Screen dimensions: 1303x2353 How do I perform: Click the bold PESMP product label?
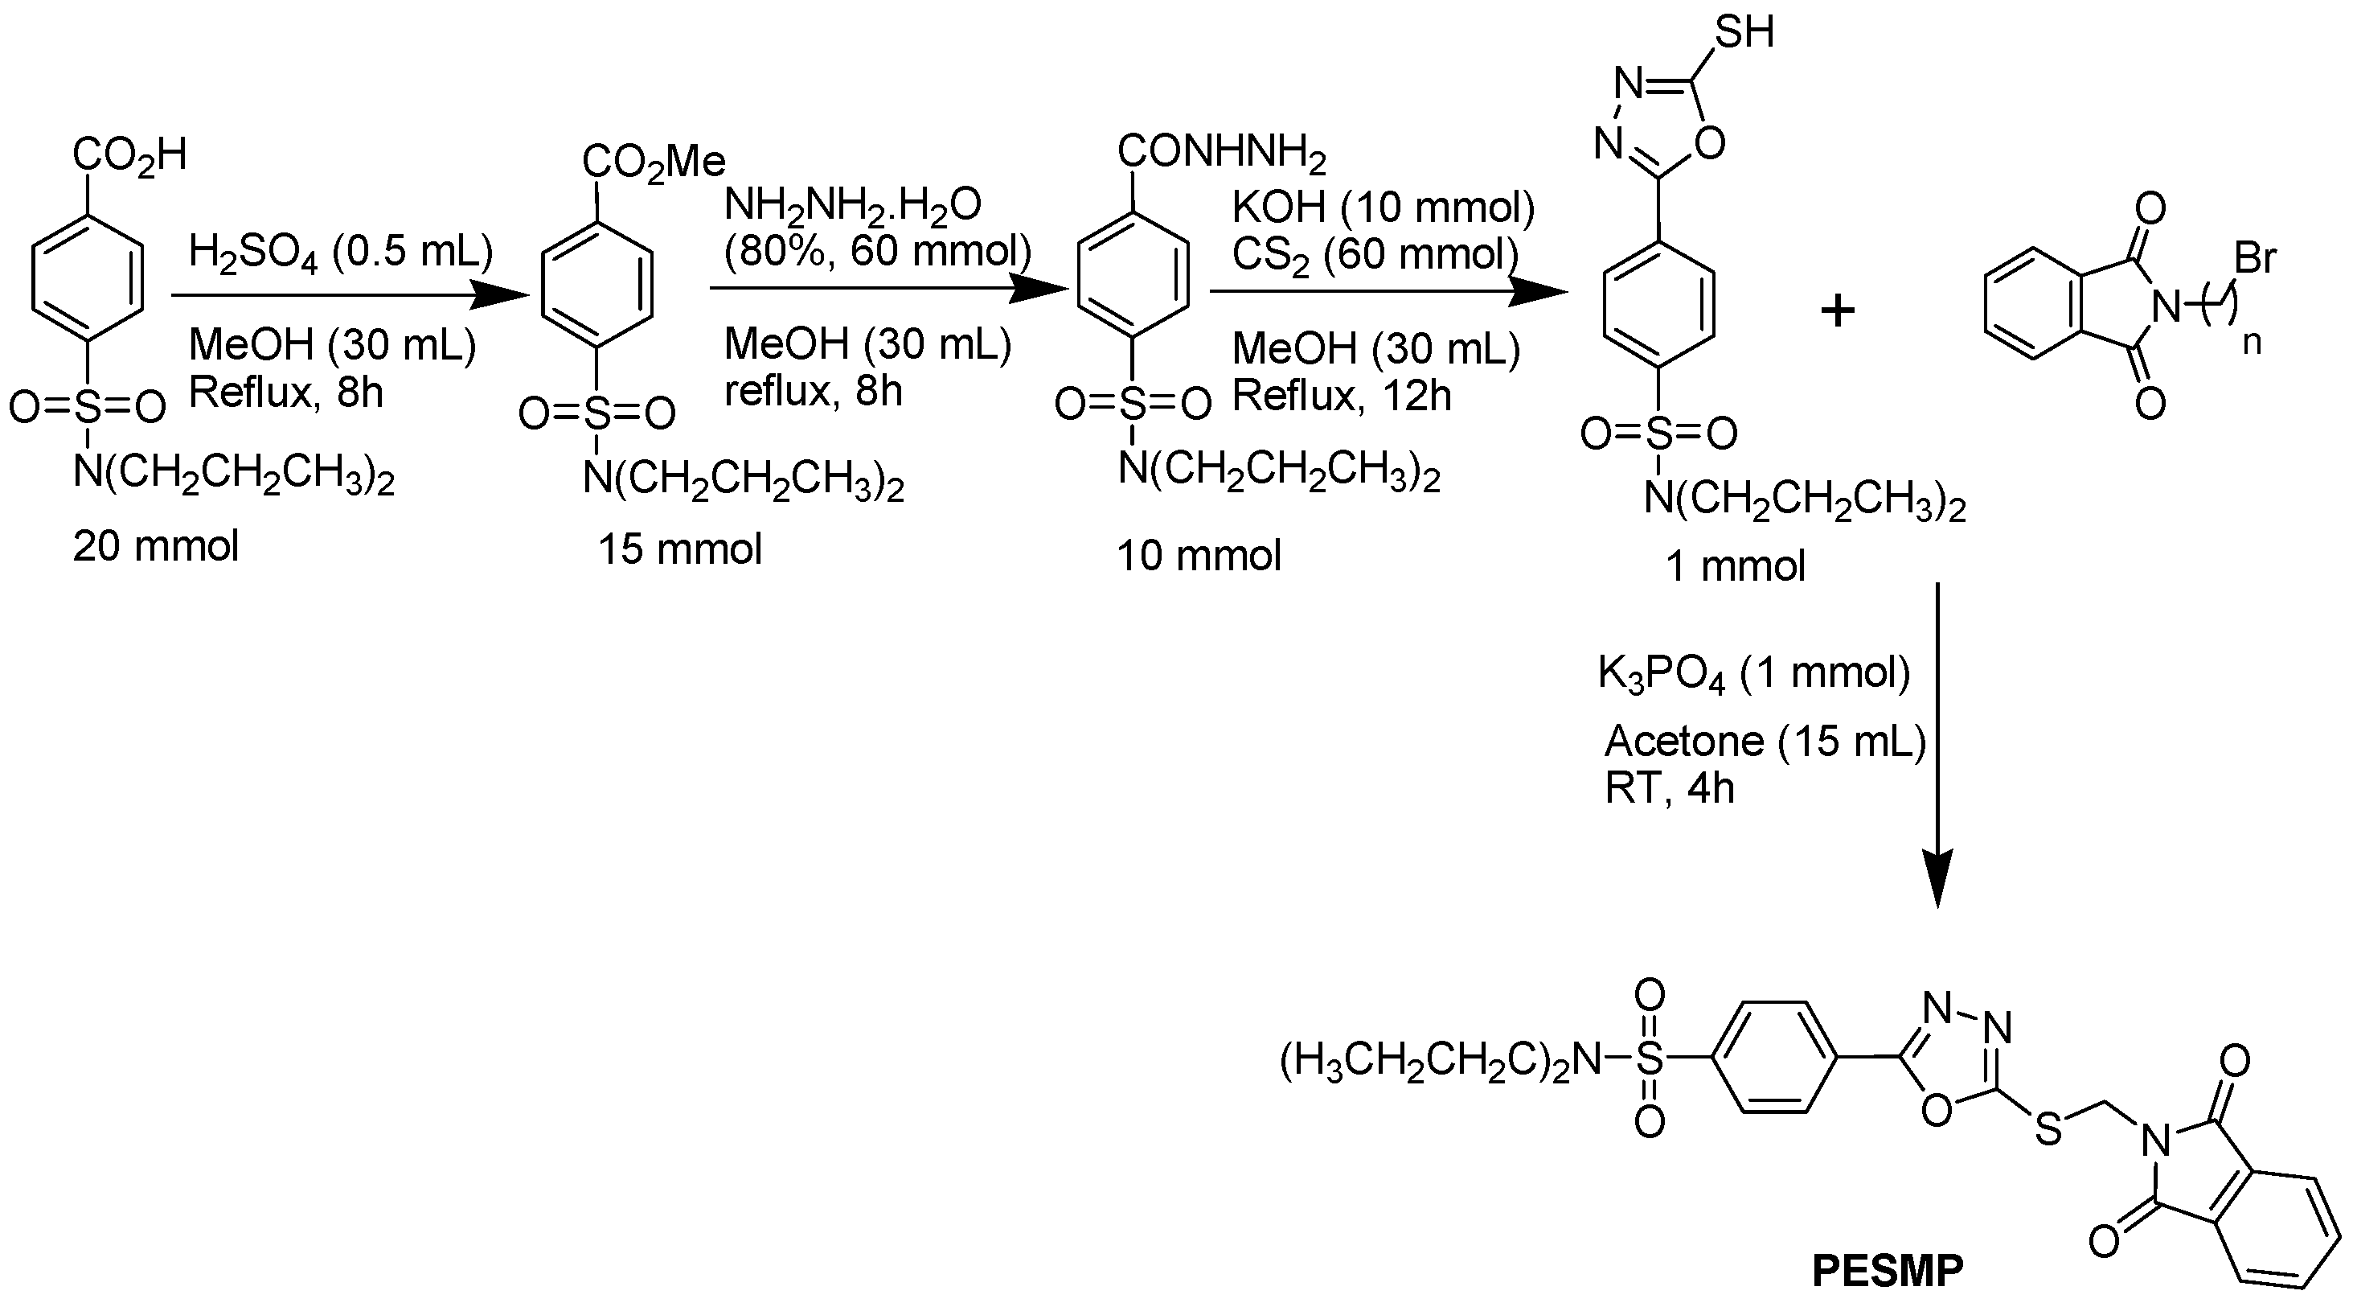(1888, 1270)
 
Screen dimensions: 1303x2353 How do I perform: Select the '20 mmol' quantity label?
(156, 547)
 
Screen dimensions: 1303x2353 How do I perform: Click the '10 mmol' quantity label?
(1199, 556)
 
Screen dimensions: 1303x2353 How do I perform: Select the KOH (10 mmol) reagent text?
(1383, 208)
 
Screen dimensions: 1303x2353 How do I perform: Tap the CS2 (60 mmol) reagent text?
(1375, 255)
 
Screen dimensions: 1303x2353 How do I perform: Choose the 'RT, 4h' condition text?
(1669, 787)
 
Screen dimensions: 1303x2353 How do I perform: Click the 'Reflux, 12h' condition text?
(1341, 396)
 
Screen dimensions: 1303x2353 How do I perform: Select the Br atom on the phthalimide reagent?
(2254, 259)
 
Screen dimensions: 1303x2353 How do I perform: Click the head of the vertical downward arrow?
(1937, 878)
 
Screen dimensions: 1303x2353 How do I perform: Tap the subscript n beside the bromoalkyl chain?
(2253, 343)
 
